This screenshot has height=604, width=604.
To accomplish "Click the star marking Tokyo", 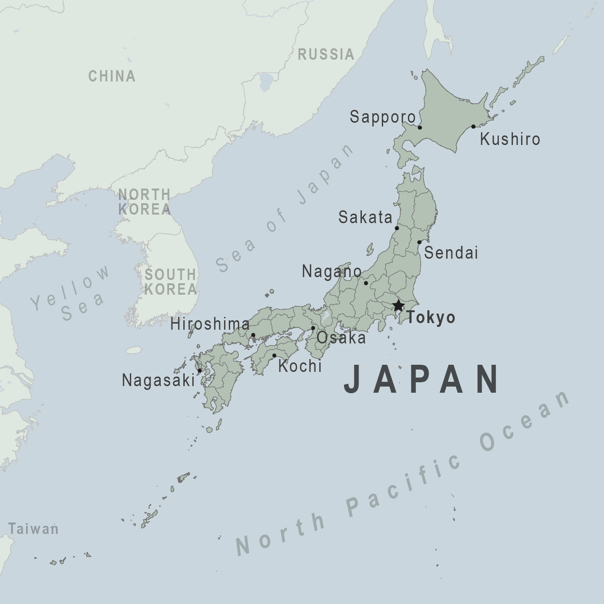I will click(x=398, y=305).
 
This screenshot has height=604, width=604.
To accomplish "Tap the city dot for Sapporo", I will click(x=420, y=127).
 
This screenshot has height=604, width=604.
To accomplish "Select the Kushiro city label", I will click(x=510, y=139).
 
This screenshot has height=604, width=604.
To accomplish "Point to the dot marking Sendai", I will click(x=419, y=242).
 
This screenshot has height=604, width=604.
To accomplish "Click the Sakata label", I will click(x=365, y=217).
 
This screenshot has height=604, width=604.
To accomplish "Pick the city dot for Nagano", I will click(x=366, y=283).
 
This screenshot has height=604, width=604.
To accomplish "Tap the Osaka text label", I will click(x=341, y=338).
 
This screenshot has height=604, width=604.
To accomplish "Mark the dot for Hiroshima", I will click(x=253, y=335).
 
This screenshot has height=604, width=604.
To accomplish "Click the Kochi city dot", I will click(x=274, y=355).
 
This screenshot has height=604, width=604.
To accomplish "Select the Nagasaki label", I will click(x=158, y=380).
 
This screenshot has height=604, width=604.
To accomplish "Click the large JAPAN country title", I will click(x=422, y=379).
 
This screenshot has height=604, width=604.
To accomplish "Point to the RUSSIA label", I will click(x=326, y=54).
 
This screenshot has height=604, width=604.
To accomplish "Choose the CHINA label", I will click(x=112, y=76).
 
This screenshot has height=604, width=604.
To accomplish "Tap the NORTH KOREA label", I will click(x=144, y=202).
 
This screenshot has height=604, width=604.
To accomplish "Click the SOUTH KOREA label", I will click(x=171, y=282).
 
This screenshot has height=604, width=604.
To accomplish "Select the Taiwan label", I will click(x=33, y=529).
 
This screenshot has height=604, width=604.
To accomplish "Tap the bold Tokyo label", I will click(x=431, y=317).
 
